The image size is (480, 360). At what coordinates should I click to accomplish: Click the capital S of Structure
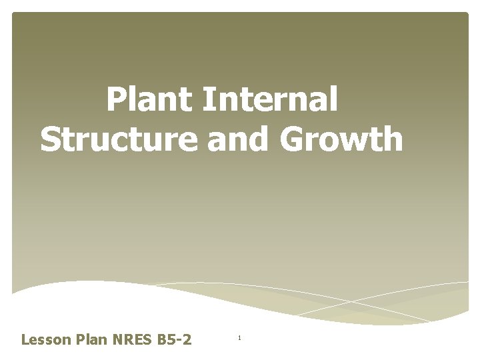(x=51, y=140)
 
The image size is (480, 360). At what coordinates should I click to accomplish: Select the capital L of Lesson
(x=25, y=340)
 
